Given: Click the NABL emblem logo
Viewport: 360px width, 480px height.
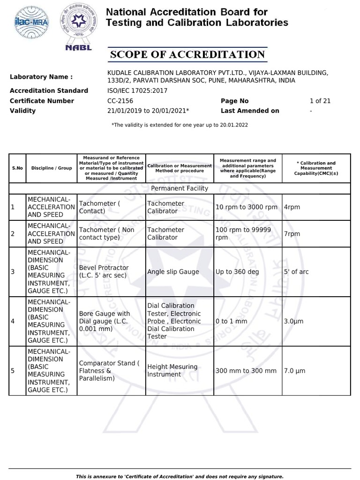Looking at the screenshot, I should (x=76, y=27).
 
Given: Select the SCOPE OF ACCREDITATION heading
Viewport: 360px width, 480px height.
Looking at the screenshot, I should (x=187, y=55).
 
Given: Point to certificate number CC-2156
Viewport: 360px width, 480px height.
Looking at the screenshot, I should (x=120, y=101).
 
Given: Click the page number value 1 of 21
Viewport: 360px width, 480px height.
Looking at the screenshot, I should (x=320, y=101).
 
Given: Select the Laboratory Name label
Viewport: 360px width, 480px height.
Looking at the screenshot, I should (x=41, y=77).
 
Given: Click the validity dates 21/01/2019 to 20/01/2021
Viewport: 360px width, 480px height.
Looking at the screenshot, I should (x=148, y=111).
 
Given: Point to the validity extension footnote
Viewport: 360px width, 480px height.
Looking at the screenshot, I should (x=180, y=125).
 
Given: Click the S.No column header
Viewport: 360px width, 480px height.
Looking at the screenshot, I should (x=17, y=168).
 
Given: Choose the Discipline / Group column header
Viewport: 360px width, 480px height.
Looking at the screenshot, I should (x=52, y=168).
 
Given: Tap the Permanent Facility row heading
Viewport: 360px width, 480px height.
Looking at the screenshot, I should (x=180, y=188).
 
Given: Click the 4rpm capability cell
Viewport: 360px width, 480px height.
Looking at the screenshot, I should (x=292, y=207).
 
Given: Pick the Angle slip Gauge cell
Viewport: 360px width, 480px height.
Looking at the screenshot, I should (x=173, y=272).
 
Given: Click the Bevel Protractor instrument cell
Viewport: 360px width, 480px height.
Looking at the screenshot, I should (x=104, y=271).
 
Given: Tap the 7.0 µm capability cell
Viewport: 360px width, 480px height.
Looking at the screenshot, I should (x=294, y=371).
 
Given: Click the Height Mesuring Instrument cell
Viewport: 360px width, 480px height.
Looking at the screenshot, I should (x=172, y=371).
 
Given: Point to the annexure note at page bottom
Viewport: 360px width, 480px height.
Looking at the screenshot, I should (x=180, y=476).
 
